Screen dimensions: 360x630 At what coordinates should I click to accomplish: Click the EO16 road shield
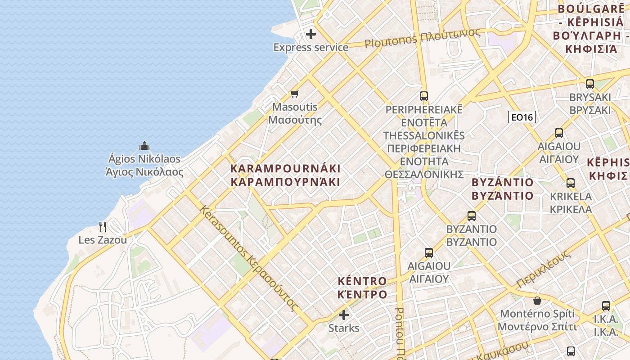(522, 117)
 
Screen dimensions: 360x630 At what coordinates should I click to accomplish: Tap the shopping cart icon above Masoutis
(295, 94)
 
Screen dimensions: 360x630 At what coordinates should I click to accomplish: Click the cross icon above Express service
(311, 34)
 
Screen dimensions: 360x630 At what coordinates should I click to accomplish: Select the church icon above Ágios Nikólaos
(144, 146)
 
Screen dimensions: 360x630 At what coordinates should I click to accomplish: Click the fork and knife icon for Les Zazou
(103, 226)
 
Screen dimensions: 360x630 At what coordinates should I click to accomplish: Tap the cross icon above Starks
(344, 315)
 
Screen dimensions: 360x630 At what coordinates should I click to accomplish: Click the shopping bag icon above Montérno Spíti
(537, 300)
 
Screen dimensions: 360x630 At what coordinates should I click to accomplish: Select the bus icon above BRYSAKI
(590, 84)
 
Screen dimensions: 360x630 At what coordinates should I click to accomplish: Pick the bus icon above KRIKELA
(571, 183)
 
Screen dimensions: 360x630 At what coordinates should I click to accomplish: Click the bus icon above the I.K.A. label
(606, 306)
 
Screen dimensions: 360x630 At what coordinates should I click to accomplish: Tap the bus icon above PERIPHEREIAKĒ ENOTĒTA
(424, 96)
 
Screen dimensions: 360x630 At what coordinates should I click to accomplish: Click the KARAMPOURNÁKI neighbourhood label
(285, 175)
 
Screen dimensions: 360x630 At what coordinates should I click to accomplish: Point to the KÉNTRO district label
(362, 288)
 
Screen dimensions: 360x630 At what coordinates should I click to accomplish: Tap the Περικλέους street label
(544, 269)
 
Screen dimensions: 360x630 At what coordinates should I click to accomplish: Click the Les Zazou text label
(103, 240)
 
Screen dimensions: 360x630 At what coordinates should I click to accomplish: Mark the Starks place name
(344, 328)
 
